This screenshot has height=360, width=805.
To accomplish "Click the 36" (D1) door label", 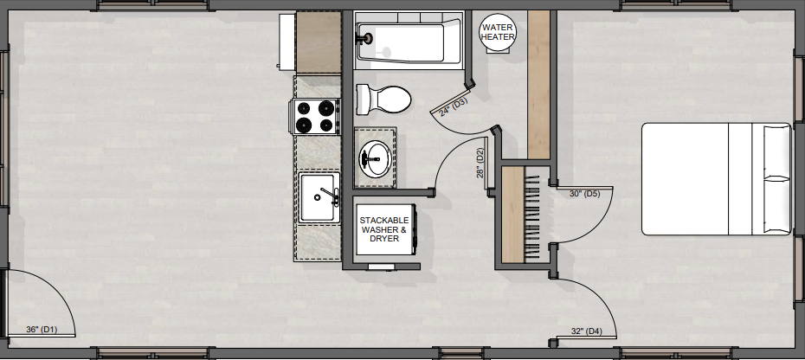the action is (x=42, y=329).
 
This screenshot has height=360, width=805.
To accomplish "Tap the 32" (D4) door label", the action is (x=586, y=331).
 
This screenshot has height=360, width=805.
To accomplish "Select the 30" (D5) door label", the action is (x=585, y=194).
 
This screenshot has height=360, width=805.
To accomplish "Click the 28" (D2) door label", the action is (x=480, y=164).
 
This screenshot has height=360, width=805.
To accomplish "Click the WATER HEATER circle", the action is (x=498, y=32).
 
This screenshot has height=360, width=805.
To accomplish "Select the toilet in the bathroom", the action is (x=383, y=100).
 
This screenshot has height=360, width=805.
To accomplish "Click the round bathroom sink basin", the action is (x=376, y=158).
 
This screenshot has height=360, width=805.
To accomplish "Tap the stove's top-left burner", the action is (x=305, y=108).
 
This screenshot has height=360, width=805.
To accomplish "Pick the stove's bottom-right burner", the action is (x=325, y=125).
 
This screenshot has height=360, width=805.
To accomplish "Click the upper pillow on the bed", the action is (x=776, y=151).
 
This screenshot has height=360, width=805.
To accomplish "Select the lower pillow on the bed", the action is (x=776, y=205).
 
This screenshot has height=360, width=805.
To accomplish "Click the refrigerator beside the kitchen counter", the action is (x=310, y=42).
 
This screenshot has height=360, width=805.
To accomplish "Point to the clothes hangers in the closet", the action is (x=532, y=215).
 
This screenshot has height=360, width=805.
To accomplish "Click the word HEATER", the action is (x=498, y=37).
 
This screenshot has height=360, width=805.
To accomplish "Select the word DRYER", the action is (x=384, y=239).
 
